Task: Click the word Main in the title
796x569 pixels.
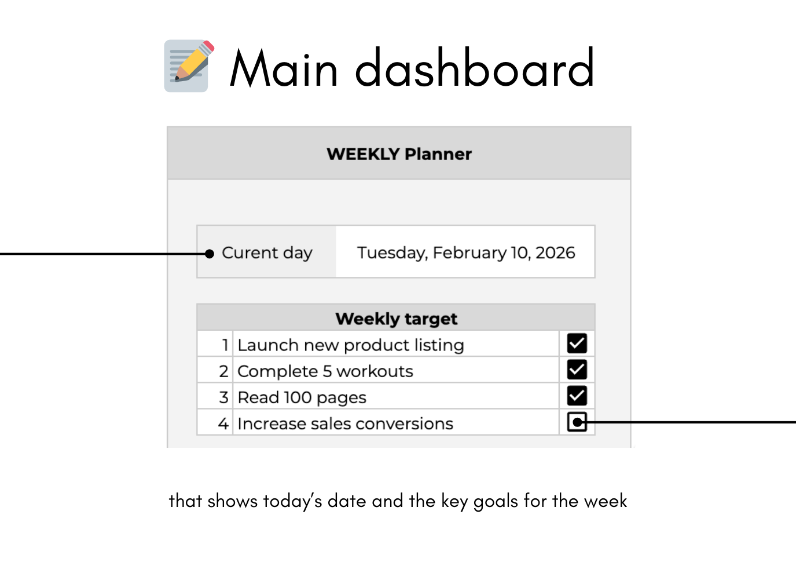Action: (x=284, y=68)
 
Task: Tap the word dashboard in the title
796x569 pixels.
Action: (x=474, y=68)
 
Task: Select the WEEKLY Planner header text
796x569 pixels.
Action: (x=399, y=154)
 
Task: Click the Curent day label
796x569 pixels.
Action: (x=267, y=253)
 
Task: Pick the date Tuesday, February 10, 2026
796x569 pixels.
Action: (x=466, y=253)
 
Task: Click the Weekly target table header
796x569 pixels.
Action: (x=396, y=319)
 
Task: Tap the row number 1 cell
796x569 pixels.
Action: (x=225, y=345)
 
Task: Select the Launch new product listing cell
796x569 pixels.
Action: (x=351, y=345)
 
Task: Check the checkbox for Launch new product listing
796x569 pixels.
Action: (x=577, y=344)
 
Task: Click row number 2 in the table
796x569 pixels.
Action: (x=223, y=371)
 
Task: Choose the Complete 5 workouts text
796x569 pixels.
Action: (x=325, y=371)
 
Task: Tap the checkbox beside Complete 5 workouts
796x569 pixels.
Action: (x=577, y=370)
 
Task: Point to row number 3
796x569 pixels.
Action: (x=223, y=397)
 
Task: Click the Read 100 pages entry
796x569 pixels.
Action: (x=302, y=397)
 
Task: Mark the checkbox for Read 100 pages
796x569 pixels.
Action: (x=577, y=396)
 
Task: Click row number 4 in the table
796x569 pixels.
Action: (x=223, y=424)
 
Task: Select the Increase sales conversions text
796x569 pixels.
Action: (x=345, y=424)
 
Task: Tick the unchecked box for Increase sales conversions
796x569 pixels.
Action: (x=577, y=422)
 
